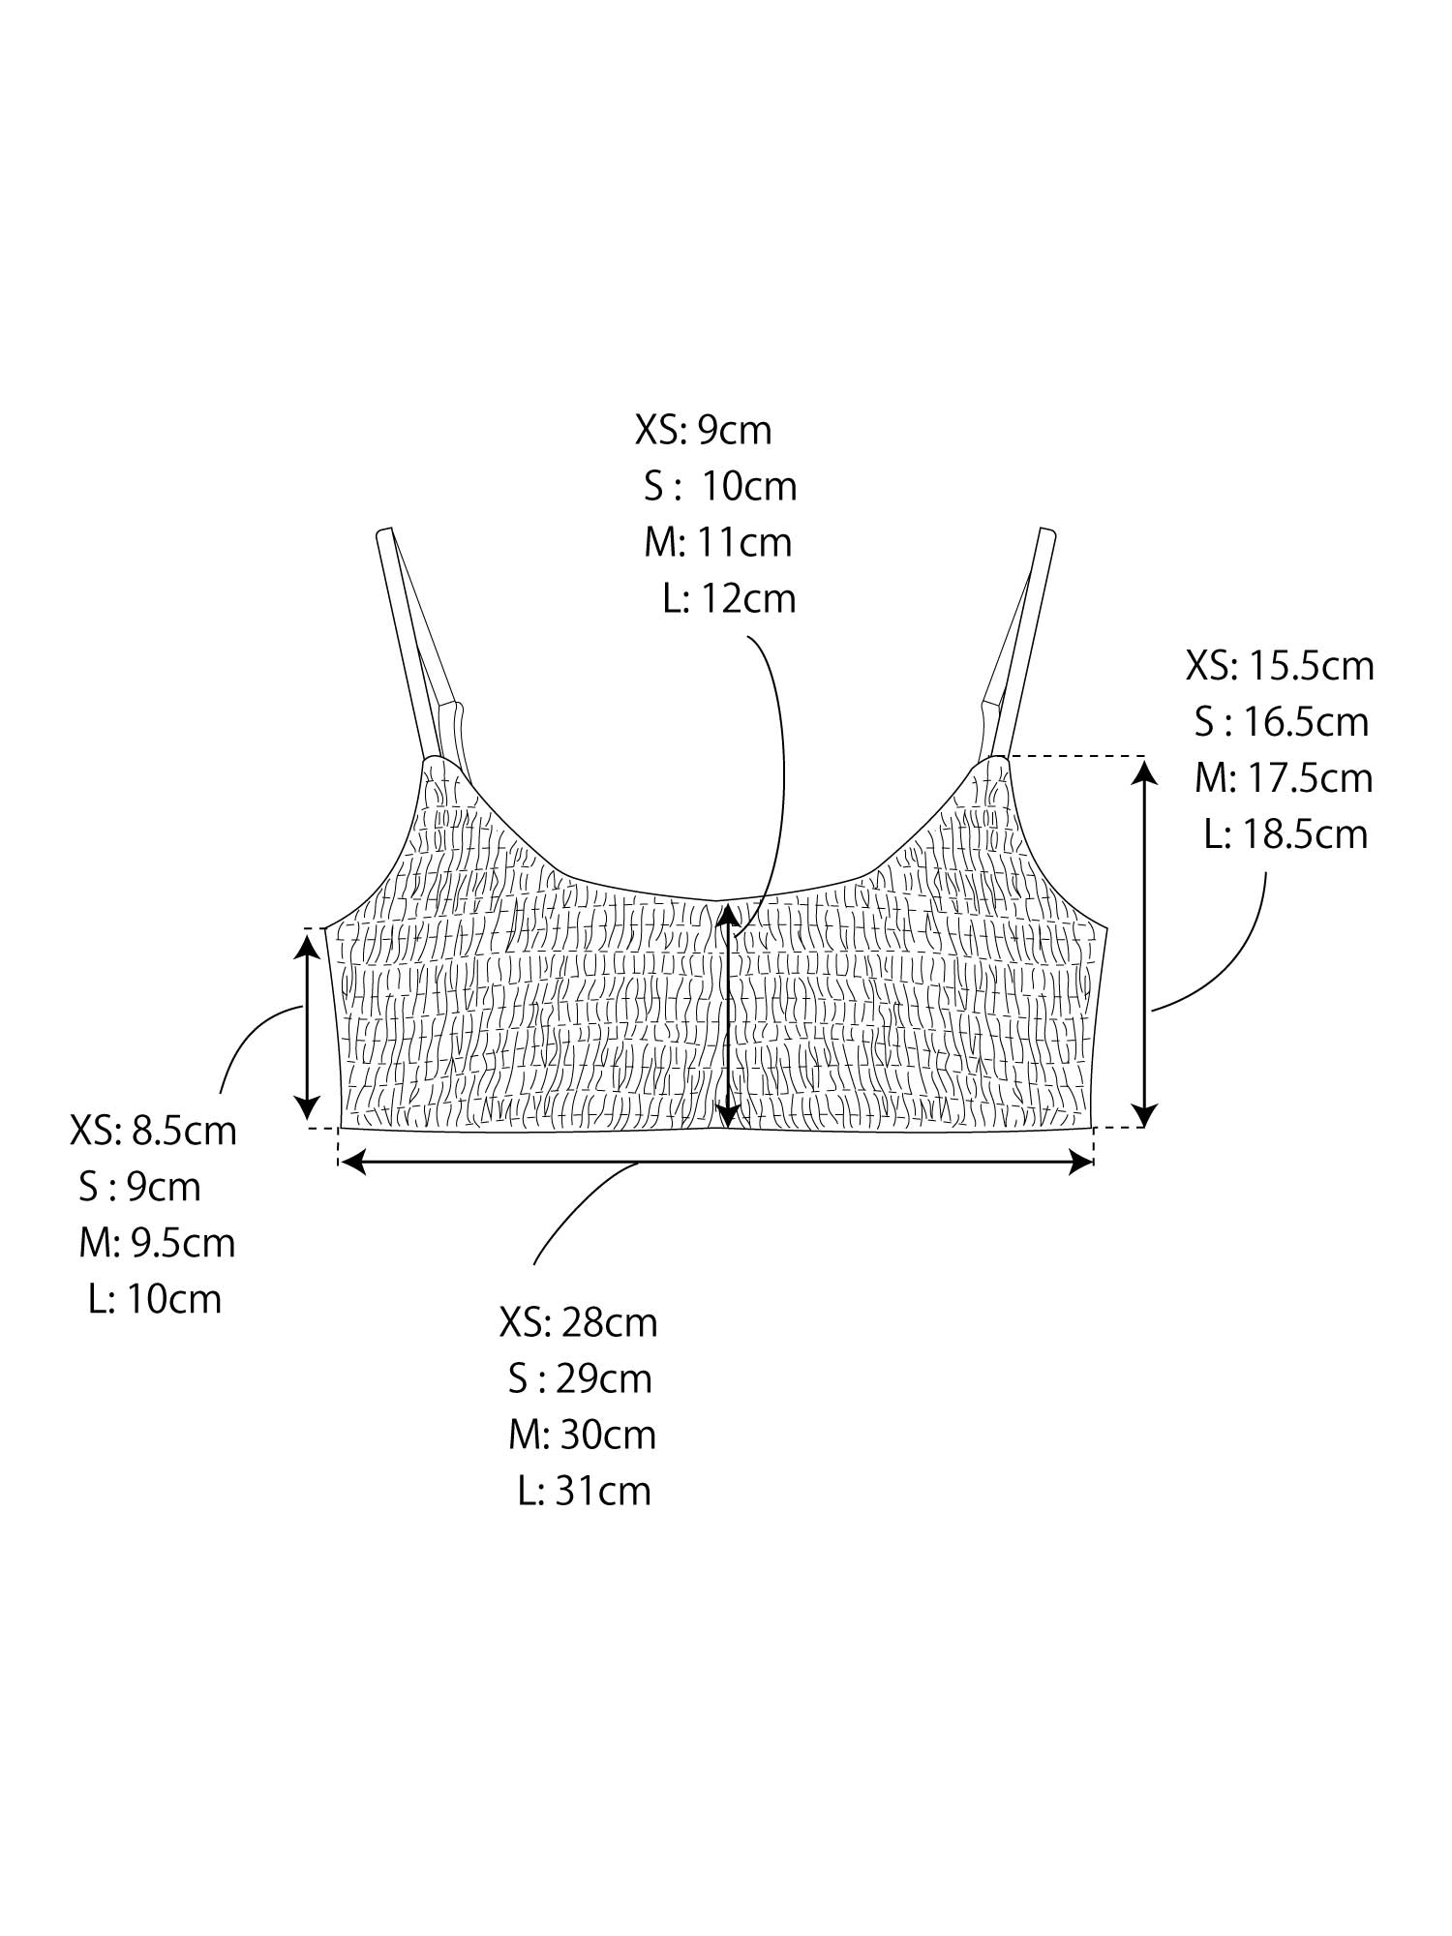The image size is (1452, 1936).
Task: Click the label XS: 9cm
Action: click(x=704, y=430)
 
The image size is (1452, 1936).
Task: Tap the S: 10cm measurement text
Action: click(x=720, y=486)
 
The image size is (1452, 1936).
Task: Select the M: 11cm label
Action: click(x=718, y=542)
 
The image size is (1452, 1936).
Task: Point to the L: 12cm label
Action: click(x=730, y=598)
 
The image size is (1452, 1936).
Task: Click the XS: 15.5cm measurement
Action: click(x=1280, y=666)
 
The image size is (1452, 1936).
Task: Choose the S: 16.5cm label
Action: click(x=1282, y=722)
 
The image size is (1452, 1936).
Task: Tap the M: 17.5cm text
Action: click(x=1284, y=778)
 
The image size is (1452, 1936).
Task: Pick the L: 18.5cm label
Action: click(x=1286, y=834)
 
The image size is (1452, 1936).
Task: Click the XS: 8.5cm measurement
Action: click(x=153, y=1131)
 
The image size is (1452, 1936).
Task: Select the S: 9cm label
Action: click(x=140, y=1187)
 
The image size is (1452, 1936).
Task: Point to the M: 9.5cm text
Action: click(x=157, y=1243)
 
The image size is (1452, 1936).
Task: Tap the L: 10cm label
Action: click(x=155, y=1299)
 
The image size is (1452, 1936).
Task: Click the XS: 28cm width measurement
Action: click(x=579, y=1322)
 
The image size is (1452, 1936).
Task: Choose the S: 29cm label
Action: click(x=581, y=1378)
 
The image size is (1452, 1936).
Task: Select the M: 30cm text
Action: click(x=583, y=1435)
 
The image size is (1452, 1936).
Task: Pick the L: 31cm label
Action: click(x=585, y=1491)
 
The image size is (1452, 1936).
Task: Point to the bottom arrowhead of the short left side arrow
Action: click(x=308, y=1111)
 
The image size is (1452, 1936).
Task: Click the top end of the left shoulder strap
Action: click(x=383, y=530)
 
